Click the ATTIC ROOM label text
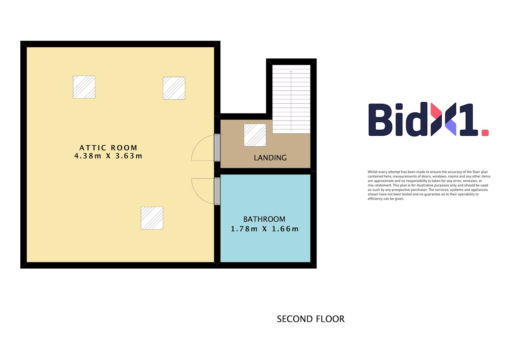point(108,147)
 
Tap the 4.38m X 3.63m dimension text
point(108,156)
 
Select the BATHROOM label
point(264,219)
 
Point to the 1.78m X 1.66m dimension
point(265,229)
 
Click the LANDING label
point(270,158)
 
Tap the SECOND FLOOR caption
point(311,319)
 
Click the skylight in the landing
point(255,135)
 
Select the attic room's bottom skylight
point(152,218)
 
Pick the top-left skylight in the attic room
point(84,87)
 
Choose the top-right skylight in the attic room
point(174,88)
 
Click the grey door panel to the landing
point(217,147)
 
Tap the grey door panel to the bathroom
point(217,191)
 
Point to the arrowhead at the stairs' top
point(291,71)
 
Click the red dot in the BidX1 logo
point(485,133)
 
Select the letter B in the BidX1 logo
point(380,120)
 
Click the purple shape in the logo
point(451,128)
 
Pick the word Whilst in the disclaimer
point(372,172)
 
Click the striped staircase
point(291,99)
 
